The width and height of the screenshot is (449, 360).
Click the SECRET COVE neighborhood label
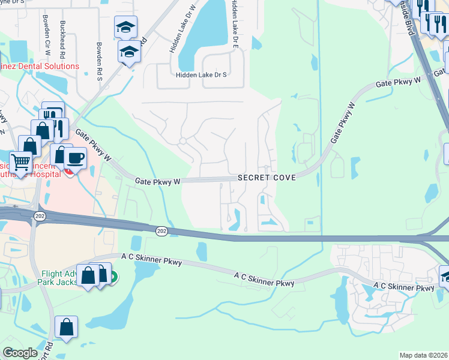tap(267, 179)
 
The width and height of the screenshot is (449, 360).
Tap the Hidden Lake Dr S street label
tap(201, 75)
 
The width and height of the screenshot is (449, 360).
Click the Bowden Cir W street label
tap(46, 32)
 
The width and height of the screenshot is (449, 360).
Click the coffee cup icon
tap(75, 158)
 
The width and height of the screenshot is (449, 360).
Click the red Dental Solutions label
tap(41, 66)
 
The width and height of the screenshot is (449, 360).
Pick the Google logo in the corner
tap(20, 353)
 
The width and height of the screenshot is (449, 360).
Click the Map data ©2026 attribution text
tap(423, 355)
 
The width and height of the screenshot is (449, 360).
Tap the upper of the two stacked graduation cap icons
tap(125, 26)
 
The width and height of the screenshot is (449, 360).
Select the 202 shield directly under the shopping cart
tap(39, 217)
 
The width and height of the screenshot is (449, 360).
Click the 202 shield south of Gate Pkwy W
tap(161, 230)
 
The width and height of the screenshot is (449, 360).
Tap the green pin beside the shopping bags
tap(112, 277)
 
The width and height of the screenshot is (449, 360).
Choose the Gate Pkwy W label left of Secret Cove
tap(158, 181)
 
